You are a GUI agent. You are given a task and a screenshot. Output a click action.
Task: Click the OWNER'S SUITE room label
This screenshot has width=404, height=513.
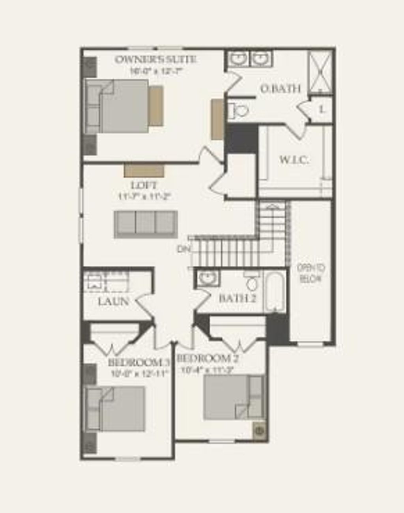point(155,59)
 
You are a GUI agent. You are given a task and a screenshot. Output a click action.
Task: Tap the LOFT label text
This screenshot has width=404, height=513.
point(144,185)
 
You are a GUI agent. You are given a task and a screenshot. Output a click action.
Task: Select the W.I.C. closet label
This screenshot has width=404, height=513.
point(294,160)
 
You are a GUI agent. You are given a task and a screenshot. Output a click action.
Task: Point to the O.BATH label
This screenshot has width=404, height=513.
point(281,89)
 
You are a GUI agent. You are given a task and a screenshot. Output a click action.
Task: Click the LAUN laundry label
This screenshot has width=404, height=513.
point(114,301)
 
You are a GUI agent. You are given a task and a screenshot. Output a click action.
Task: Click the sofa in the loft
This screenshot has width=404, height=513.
point(146,224)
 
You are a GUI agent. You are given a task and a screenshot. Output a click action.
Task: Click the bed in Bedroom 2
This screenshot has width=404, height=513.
point(233,397)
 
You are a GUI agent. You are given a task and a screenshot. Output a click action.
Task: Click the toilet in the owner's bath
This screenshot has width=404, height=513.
point(238,111)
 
